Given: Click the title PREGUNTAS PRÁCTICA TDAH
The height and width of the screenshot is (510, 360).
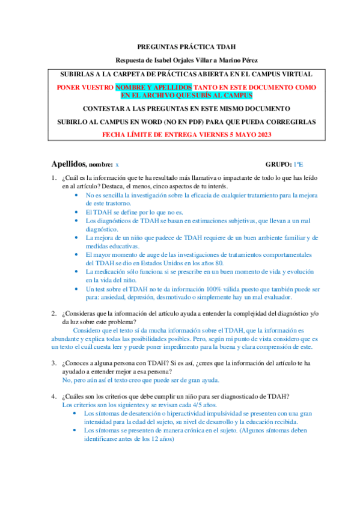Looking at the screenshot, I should [180, 46].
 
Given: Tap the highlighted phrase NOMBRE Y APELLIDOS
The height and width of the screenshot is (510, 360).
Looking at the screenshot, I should [149, 87].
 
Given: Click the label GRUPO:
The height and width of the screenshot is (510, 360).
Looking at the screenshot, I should [279, 164].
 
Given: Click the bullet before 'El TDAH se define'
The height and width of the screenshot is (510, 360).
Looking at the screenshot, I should [75, 212].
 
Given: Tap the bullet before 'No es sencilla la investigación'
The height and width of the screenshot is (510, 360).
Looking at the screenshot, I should [75, 195].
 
